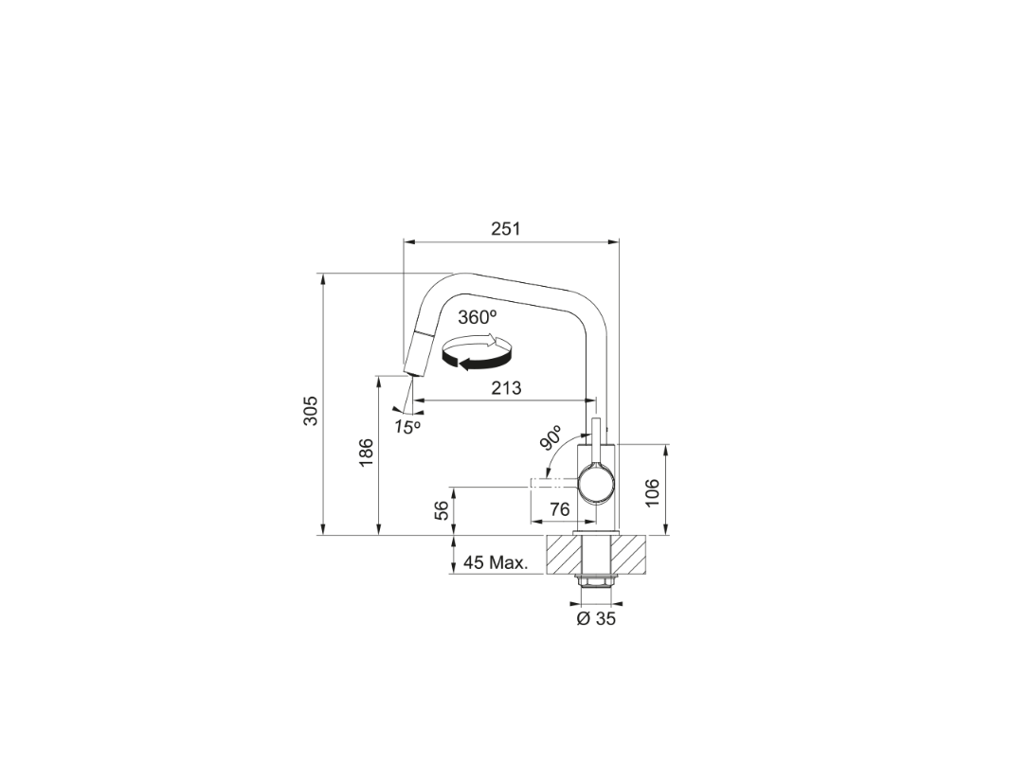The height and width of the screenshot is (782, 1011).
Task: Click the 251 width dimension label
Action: pyautogui.click(x=506, y=229)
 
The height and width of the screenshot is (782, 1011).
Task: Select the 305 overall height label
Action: pyautogui.click(x=311, y=410)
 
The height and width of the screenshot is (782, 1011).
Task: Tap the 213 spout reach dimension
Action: pyautogui.click(x=506, y=388)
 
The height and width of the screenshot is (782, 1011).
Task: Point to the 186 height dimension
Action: pyautogui.click(x=366, y=453)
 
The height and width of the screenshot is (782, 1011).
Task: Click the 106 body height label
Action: pyautogui.click(x=653, y=492)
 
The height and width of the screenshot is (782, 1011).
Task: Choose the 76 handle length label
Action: pyautogui.click(x=560, y=509)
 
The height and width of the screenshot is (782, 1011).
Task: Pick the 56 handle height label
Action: pyautogui.click(x=442, y=511)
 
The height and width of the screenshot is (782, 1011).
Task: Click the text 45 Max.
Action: pyautogui.click(x=496, y=562)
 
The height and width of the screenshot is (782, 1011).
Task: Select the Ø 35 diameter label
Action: pyautogui.click(x=596, y=619)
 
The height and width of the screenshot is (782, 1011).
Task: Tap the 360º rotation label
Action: pyautogui.click(x=478, y=317)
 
